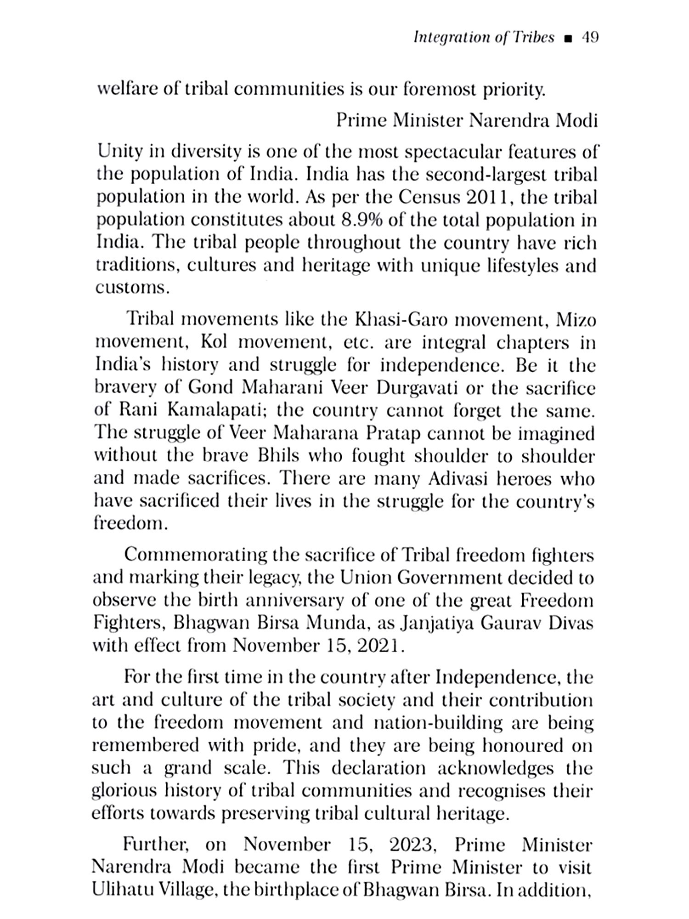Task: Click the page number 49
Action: [x=590, y=38]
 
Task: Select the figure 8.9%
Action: [x=362, y=220]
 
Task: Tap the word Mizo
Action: [x=576, y=319]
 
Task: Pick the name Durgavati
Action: [x=416, y=387]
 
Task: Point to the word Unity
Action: [x=118, y=152]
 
